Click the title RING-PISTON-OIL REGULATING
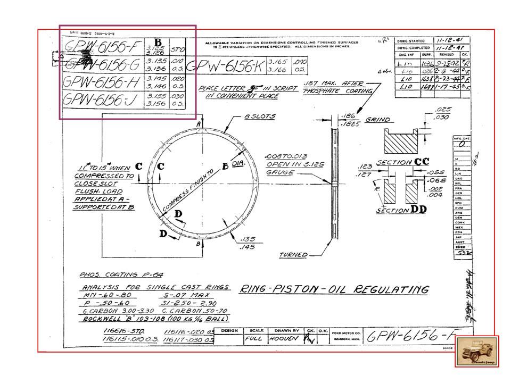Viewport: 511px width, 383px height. pyautogui.click(x=333, y=290)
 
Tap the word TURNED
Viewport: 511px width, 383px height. pyautogui.click(x=293, y=255)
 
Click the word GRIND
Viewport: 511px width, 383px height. pyautogui.click(x=377, y=120)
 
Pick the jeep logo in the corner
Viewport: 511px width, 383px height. pyautogui.click(x=476, y=351)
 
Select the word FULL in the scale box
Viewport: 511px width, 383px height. pyautogui.click(x=253, y=337)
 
